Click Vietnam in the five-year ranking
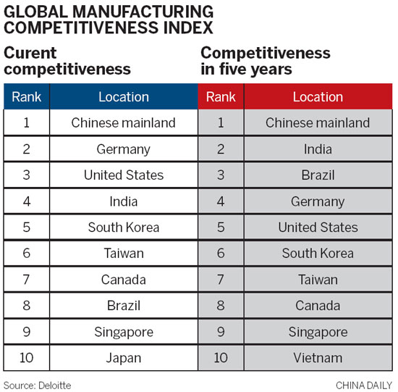point(318,358)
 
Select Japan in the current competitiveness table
point(123,358)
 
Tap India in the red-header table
point(318,149)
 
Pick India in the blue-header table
point(123,201)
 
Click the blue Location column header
point(123,96)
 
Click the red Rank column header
point(221,96)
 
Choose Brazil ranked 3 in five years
point(318,175)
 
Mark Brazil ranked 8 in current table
point(123,306)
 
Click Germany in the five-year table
point(318,201)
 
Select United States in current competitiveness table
point(123,175)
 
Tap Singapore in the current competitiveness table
point(123,332)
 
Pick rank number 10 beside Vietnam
point(221,358)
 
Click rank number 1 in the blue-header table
point(27,123)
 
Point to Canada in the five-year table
point(318,306)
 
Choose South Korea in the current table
point(123,228)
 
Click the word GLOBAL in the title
point(30,12)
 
